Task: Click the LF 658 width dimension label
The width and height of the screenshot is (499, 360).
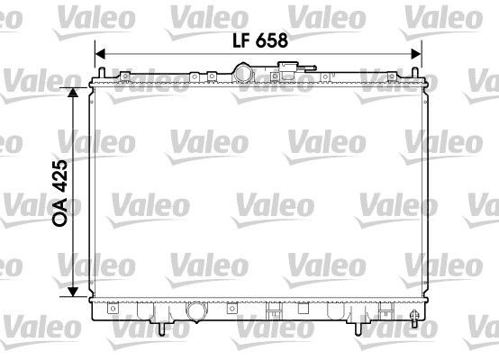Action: coord(257,39)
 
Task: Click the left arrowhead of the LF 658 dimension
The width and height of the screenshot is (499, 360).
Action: coord(102,53)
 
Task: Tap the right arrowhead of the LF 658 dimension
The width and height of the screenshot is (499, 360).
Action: coord(417,53)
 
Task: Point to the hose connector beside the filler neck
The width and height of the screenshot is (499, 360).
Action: coord(290,70)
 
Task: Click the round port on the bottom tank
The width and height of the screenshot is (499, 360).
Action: coord(195,312)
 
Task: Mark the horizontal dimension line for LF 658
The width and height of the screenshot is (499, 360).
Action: coord(180,53)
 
